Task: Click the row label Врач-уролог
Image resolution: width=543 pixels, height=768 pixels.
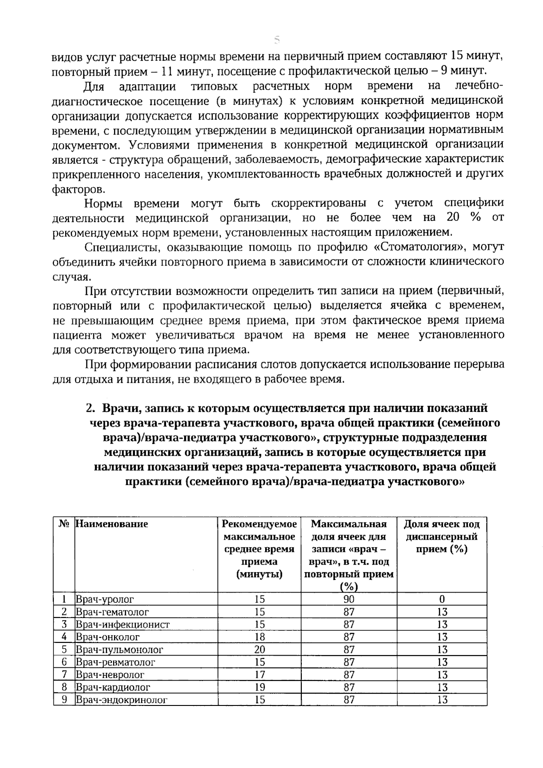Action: (x=105, y=599)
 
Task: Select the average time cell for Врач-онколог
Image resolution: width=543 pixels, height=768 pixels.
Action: (x=259, y=637)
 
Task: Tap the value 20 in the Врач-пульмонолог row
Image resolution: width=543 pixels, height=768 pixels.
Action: (x=259, y=649)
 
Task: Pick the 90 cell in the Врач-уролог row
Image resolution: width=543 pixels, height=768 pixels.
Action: (x=349, y=599)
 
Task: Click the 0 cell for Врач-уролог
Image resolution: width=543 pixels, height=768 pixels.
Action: (x=442, y=599)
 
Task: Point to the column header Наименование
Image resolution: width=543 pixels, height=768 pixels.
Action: (x=112, y=524)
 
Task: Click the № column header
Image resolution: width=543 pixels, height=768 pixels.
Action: (x=64, y=524)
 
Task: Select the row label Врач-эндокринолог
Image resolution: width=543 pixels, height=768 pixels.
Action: (x=122, y=700)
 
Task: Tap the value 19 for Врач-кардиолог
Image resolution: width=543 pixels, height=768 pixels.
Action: (x=259, y=687)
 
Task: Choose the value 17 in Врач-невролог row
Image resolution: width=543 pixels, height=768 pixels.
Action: (x=259, y=675)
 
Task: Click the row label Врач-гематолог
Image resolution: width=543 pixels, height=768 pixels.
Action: (x=112, y=612)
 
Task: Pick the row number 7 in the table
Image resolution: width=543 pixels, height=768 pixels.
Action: (x=64, y=675)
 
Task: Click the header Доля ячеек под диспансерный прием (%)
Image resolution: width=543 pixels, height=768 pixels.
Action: (x=442, y=536)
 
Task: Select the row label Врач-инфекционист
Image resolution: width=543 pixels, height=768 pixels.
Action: (x=123, y=624)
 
